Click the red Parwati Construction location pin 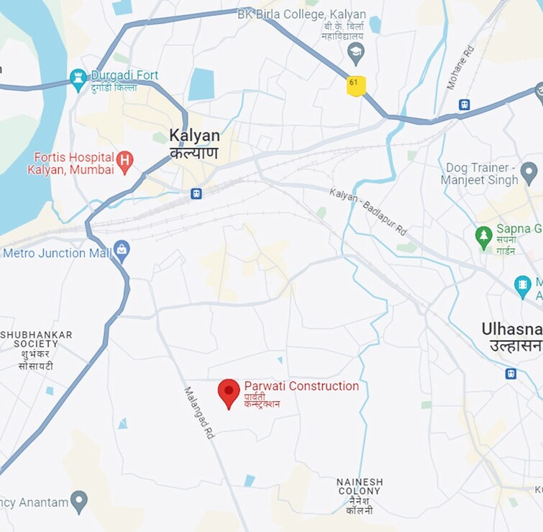(229, 392)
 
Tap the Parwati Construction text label (301, 387)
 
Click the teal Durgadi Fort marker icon (78, 80)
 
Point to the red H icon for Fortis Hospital (125, 163)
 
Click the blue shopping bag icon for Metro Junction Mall (122, 251)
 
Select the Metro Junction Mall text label (57, 253)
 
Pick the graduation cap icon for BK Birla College (355, 52)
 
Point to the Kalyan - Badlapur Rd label (368, 212)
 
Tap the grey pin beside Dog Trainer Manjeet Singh (529, 173)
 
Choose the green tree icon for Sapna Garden (484, 235)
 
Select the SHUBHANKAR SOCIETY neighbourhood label (37, 350)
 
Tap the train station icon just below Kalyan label (196, 194)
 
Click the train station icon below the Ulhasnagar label (511, 374)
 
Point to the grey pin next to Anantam (79, 502)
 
